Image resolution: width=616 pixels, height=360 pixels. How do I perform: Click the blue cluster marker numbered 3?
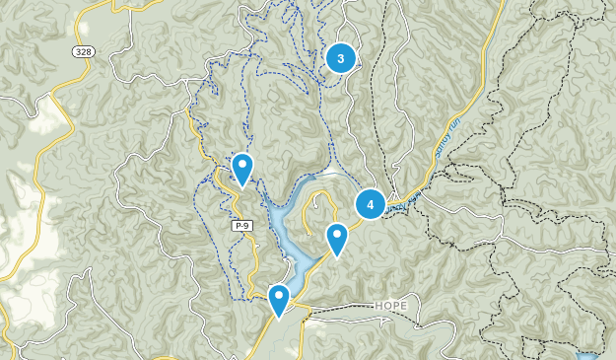341,58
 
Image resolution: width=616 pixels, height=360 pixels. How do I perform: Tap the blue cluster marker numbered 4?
371,204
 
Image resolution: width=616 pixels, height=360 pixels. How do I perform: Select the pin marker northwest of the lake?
242,169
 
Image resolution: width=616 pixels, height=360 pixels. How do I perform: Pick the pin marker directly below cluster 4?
337,239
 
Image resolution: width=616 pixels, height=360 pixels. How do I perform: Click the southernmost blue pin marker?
279,299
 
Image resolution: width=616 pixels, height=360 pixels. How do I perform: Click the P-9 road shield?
243,226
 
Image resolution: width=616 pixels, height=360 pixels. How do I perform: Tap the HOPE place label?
390,306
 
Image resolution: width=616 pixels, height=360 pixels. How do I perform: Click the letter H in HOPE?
378,306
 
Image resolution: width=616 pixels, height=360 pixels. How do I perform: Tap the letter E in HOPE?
403,306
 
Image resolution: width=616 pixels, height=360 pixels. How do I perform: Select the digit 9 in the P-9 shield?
248,226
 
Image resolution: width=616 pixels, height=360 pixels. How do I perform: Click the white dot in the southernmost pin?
279,295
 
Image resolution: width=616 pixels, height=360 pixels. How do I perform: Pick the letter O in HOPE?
386,306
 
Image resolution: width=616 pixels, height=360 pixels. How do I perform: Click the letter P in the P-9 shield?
239,226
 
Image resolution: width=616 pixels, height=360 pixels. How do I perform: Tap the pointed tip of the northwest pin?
242,186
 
